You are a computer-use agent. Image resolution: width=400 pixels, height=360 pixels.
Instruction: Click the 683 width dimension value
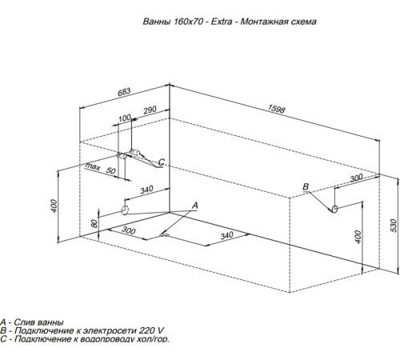(x=124, y=92)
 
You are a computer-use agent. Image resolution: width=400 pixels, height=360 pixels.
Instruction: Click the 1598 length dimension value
(x=276, y=109)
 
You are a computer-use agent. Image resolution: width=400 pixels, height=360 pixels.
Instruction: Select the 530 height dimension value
(x=394, y=226)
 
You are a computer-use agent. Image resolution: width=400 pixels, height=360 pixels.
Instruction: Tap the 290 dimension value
(x=150, y=110)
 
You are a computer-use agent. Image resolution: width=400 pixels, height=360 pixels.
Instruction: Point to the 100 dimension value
(x=125, y=118)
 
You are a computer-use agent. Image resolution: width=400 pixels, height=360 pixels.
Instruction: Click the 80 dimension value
(x=94, y=223)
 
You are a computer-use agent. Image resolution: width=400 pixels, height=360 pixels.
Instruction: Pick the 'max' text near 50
(x=93, y=166)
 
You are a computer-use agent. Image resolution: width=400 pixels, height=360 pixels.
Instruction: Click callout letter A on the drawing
(x=195, y=206)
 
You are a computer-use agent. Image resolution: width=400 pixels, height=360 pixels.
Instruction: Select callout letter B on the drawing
(x=306, y=186)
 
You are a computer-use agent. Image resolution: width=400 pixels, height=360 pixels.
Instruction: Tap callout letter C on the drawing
(x=162, y=162)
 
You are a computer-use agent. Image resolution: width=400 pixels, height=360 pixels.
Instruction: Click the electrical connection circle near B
(x=334, y=209)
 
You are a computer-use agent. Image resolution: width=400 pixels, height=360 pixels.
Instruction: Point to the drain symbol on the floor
(x=164, y=235)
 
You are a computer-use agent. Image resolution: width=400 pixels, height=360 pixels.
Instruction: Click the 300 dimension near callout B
(x=356, y=178)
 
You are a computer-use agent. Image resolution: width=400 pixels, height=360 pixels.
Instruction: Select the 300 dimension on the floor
(x=129, y=230)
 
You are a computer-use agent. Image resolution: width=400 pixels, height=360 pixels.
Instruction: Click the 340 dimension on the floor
(x=226, y=235)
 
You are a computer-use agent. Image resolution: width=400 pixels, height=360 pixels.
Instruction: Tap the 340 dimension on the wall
(x=146, y=190)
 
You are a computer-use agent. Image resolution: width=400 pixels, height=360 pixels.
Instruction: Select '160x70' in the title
(x=189, y=22)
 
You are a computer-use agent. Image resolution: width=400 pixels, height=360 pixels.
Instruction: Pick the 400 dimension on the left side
(x=54, y=206)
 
